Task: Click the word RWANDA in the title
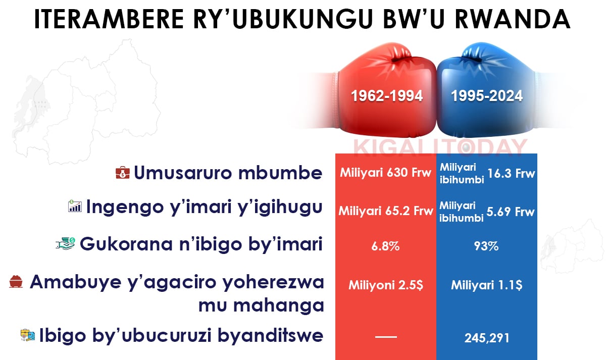pyautogui.click(x=513, y=19)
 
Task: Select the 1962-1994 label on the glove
pyautogui.click(x=387, y=96)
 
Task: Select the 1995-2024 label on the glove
pyautogui.click(x=487, y=96)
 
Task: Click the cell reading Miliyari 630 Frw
pyautogui.click(x=385, y=173)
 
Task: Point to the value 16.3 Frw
pyautogui.click(x=511, y=173)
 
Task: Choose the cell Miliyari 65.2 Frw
pyautogui.click(x=386, y=211)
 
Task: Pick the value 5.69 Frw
pyautogui.click(x=511, y=212)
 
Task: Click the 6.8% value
pyautogui.click(x=385, y=246)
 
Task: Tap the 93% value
pyautogui.click(x=486, y=246)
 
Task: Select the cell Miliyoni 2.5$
pyautogui.click(x=385, y=285)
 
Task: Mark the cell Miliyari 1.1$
pyautogui.click(x=486, y=285)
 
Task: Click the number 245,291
pyautogui.click(x=487, y=338)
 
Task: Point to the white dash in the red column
pyautogui.click(x=386, y=337)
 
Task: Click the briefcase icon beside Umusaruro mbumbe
pyautogui.click(x=123, y=173)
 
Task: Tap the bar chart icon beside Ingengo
pyautogui.click(x=75, y=206)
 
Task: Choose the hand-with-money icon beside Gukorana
pyautogui.click(x=65, y=243)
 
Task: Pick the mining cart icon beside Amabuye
pyautogui.click(x=16, y=282)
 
